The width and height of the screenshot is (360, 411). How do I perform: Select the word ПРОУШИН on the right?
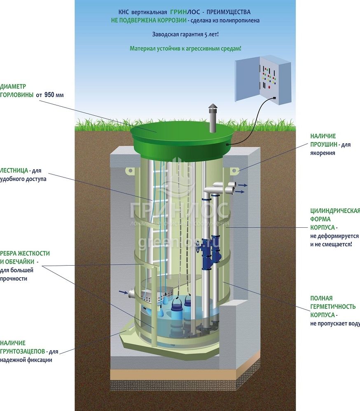(325, 145)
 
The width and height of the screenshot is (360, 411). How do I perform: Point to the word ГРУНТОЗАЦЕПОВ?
(22, 351)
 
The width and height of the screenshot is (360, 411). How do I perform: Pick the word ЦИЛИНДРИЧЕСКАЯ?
(335, 211)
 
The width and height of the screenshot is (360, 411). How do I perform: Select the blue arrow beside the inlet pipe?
(123, 292)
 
